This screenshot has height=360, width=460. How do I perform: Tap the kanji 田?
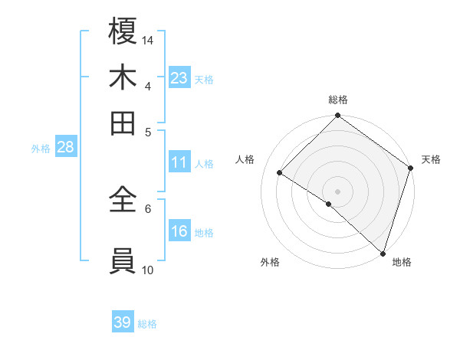(123, 123)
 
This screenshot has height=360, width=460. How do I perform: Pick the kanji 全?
(123, 199)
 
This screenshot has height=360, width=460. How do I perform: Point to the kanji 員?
(123, 261)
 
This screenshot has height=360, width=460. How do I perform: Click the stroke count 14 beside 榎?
(148, 40)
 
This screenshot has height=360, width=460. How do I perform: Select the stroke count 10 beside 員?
(148, 270)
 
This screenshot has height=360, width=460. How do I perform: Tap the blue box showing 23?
(179, 78)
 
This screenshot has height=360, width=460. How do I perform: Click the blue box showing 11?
(179, 162)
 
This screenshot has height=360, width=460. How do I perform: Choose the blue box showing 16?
(179, 231)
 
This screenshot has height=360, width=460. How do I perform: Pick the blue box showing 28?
(65, 148)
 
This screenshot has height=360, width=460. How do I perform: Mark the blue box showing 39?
(123, 322)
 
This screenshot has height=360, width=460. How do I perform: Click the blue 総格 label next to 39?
(147, 324)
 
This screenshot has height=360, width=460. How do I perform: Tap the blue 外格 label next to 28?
(41, 149)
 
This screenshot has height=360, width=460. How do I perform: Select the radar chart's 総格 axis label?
(338, 100)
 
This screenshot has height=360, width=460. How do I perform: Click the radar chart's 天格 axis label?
(431, 159)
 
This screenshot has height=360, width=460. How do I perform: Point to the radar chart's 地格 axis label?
(402, 263)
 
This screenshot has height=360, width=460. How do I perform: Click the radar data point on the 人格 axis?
(280, 172)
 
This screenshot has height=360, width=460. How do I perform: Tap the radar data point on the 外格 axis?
(329, 204)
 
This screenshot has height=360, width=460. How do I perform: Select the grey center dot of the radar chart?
(337, 191)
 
